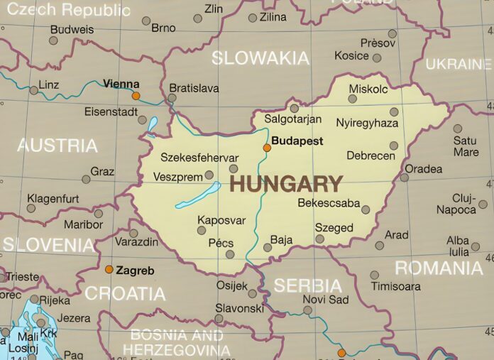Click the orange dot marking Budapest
pos(267,148)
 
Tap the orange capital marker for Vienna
pos(136,95)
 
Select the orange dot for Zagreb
pos(109,269)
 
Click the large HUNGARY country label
pos(286,184)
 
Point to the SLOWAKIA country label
pos(260,58)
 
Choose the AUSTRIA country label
pos(57,146)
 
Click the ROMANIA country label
pos(439,268)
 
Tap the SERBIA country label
pos(308,285)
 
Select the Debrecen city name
pos(370,156)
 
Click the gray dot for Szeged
pos(320,239)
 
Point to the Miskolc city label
pos(368,89)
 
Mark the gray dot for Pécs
pos(229,254)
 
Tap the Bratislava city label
pos(193,89)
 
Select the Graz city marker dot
pos(86,179)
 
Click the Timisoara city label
pos(395,287)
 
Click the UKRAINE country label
pos(459,64)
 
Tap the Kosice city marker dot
pos(377,58)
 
